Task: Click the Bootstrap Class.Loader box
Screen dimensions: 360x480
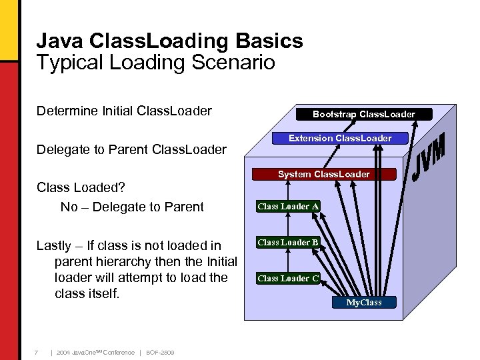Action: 363,114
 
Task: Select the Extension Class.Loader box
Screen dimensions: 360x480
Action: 340,139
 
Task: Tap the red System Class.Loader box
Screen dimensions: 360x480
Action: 323,174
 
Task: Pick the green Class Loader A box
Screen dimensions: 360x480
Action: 288,207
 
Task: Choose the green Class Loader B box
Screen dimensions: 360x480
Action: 288,243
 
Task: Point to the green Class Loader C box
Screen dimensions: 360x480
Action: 288,279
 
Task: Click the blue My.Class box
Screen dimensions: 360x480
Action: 364,302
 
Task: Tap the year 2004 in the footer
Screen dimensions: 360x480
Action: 63,352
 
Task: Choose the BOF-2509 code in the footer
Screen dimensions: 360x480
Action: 159,352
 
